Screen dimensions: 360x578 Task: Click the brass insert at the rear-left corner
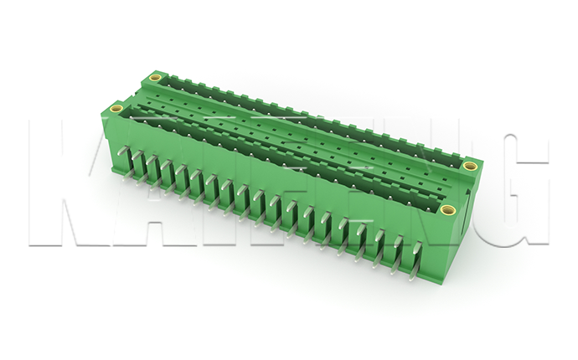pyautogui.click(x=155, y=79)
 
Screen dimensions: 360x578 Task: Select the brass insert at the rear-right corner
pyautogui.click(x=470, y=165)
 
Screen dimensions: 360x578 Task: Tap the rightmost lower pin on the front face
pyautogui.click(x=413, y=272)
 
